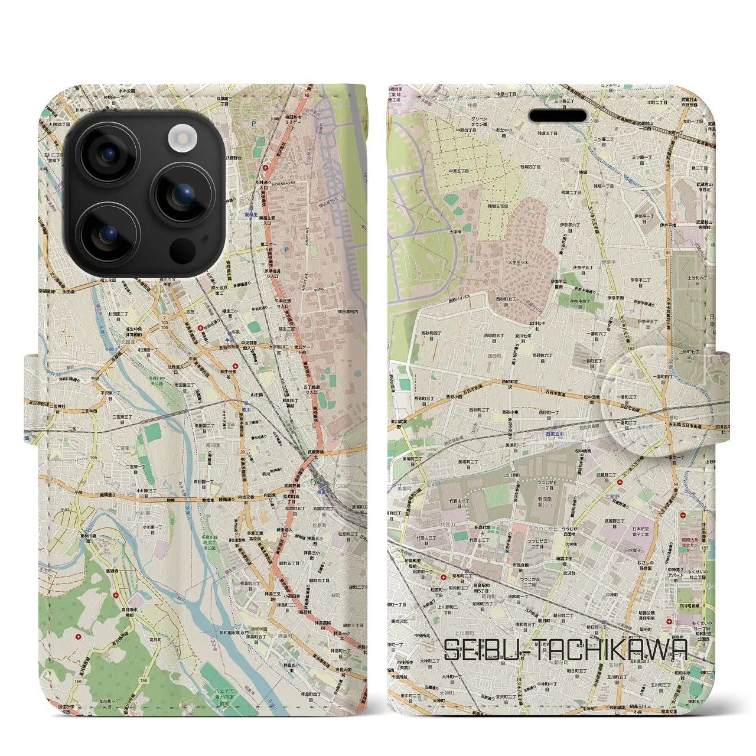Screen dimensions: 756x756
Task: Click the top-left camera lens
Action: (107, 155)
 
